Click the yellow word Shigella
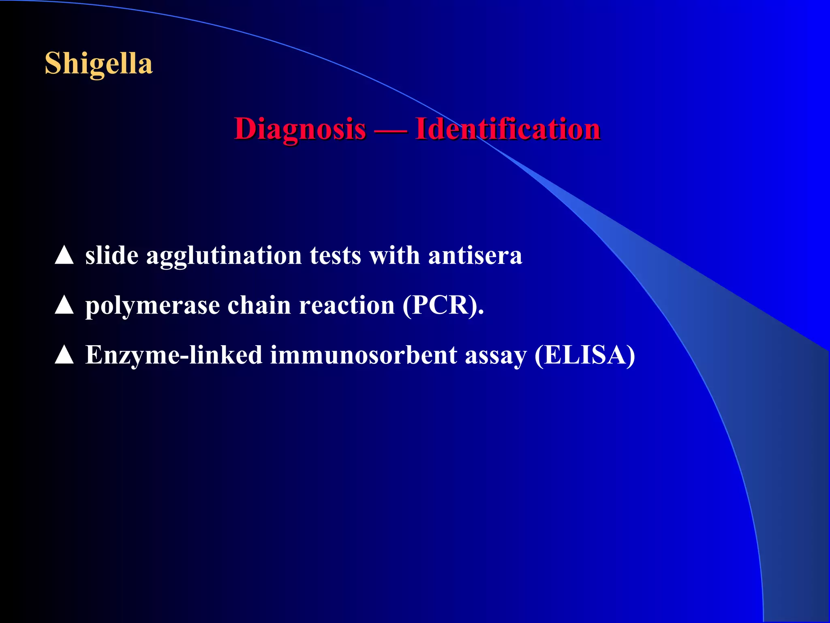(98, 64)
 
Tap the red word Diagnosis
(300, 129)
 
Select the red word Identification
(507, 129)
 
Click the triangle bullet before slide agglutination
(64, 256)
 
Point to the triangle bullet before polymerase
(64, 305)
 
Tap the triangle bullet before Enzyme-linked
(64, 355)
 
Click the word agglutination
(224, 256)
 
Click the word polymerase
(152, 306)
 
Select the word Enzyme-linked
(174, 355)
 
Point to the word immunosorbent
(363, 355)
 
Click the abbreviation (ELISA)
(584, 355)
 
